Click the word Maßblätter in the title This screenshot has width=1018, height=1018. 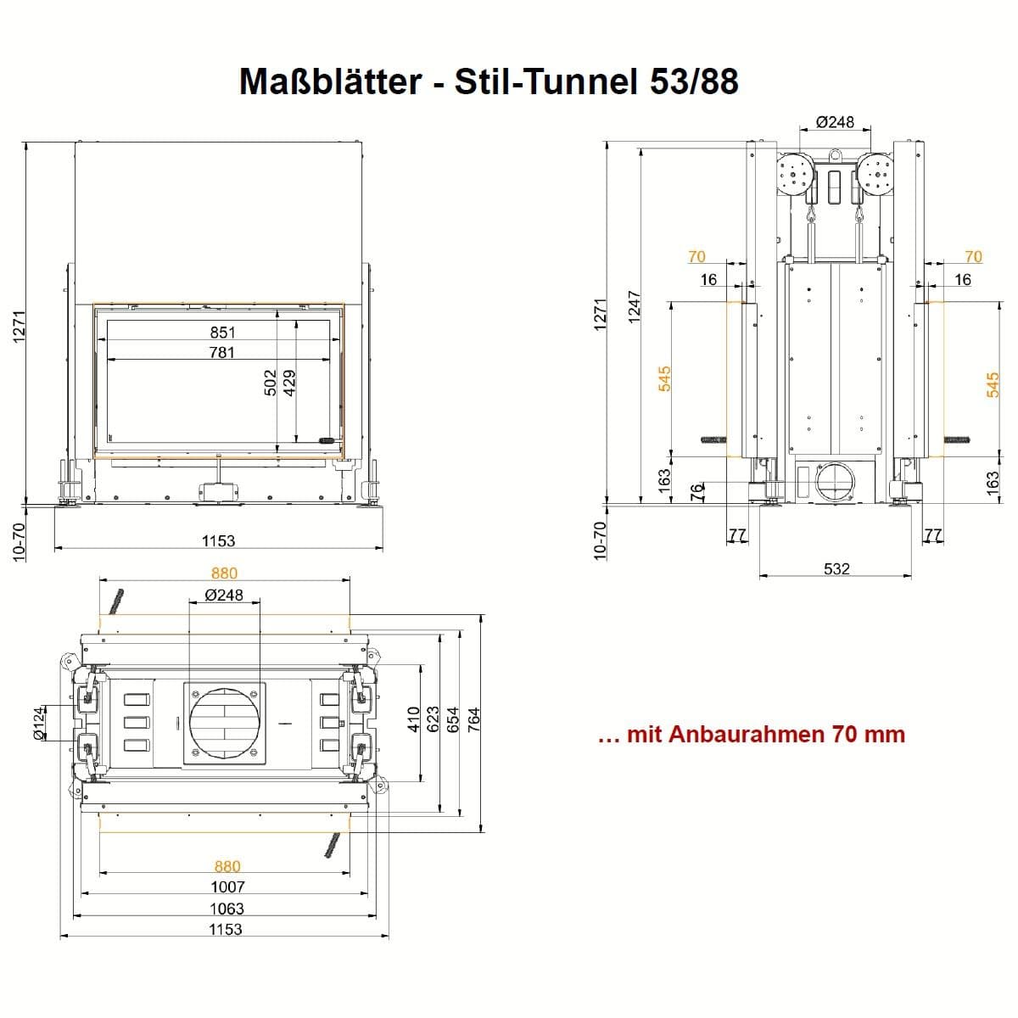(x=330, y=82)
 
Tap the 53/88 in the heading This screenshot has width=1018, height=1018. (x=694, y=82)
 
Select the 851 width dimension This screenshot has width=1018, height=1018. (x=222, y=333)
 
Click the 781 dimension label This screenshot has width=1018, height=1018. (x=222, y=352)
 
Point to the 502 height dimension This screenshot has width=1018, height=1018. (x=270, y=383)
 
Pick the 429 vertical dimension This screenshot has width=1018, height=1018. (x=289, y=383)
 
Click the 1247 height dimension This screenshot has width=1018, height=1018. (x=634, y=306)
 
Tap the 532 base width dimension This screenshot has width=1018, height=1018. (x=836, y=569)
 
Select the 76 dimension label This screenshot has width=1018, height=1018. (x=697, y=491)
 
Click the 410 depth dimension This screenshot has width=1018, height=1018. (x=414, y=719)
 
